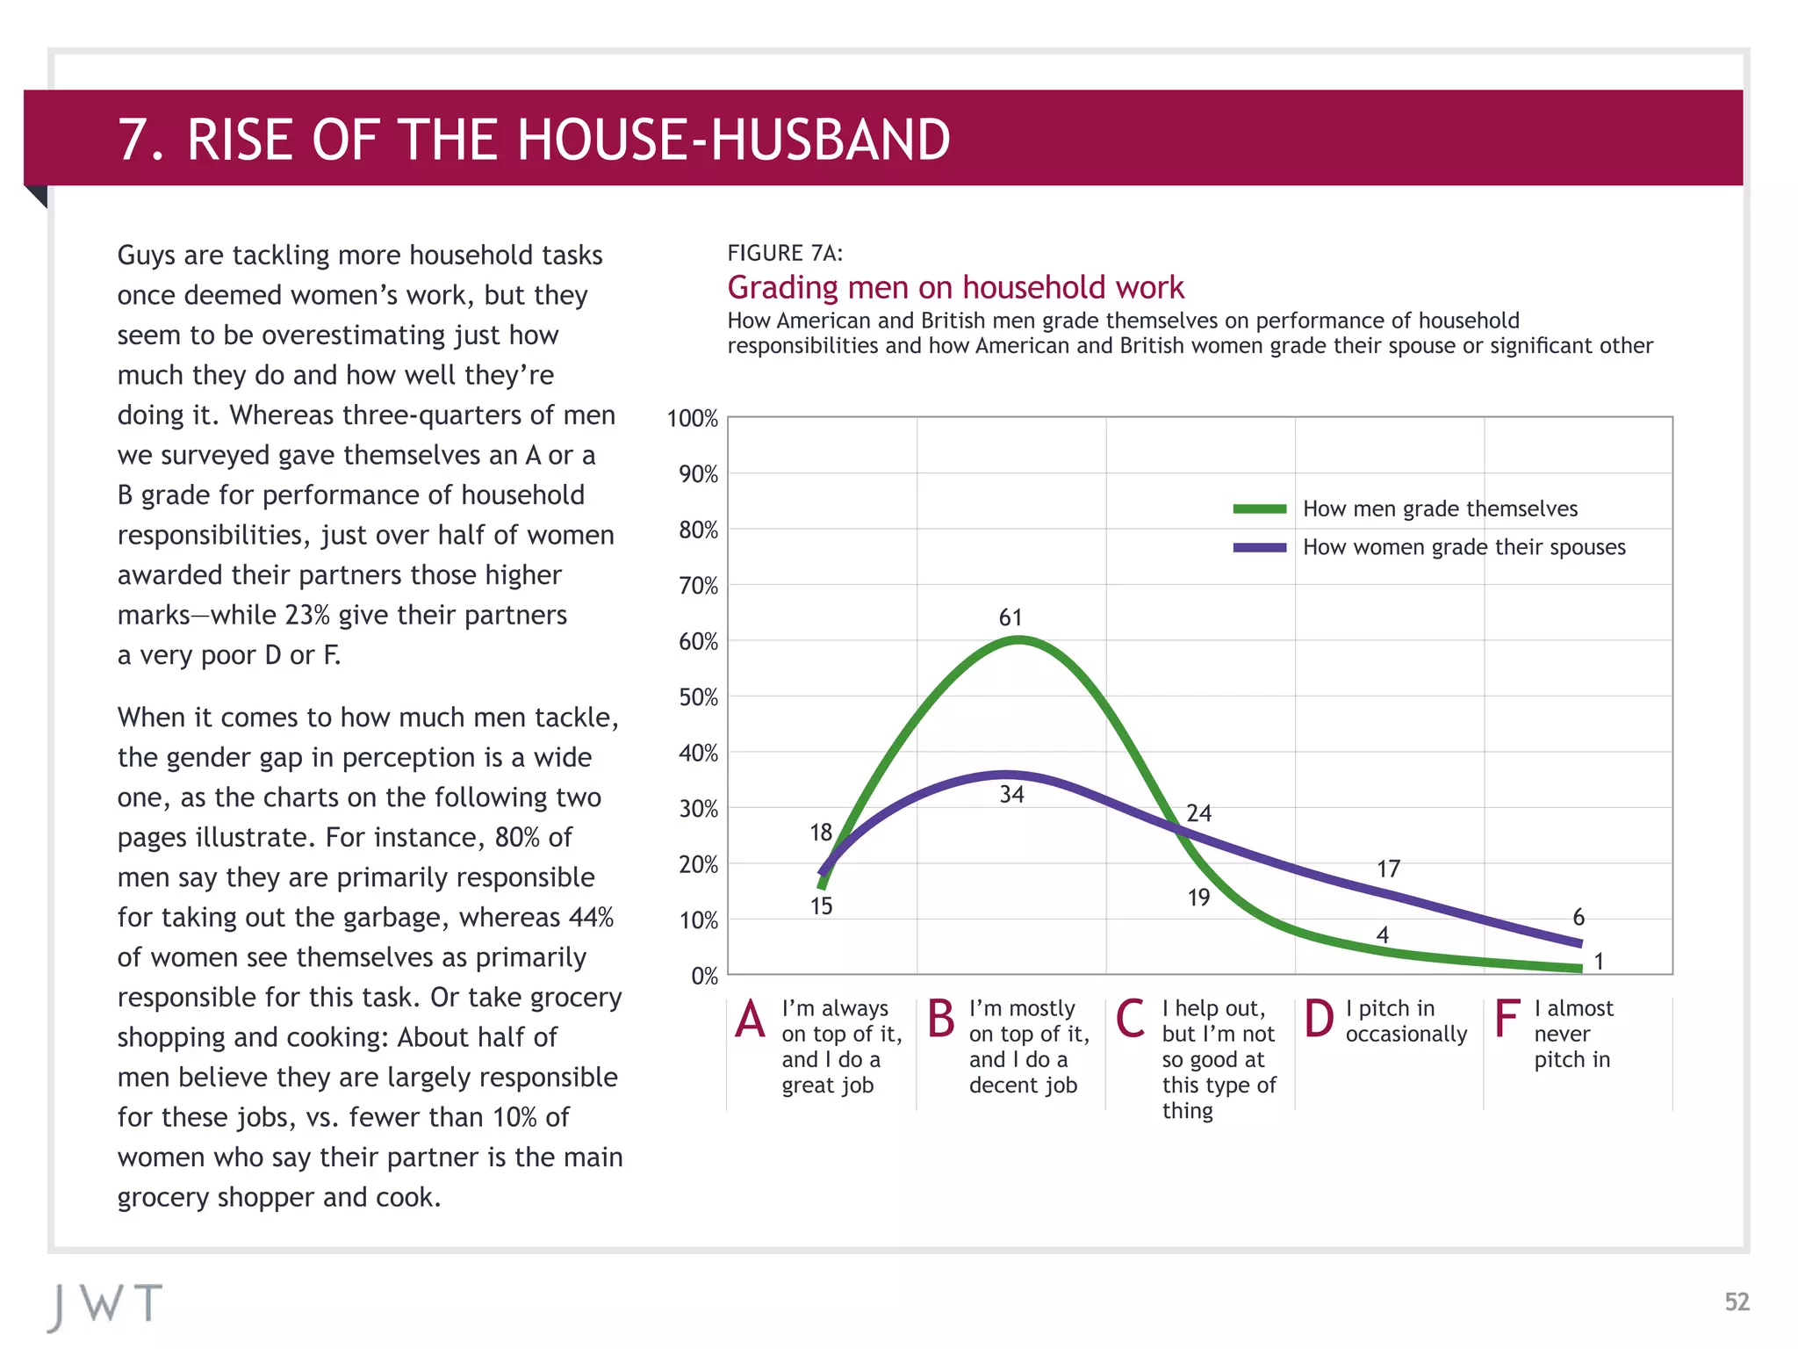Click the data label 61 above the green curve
[1010, 617]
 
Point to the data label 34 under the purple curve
[1011, 795]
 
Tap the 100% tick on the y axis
[693, 419]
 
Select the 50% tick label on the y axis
[699, 698]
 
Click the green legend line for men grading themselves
[1260, 509]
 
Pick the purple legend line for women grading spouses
[1260, 547]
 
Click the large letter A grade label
[751, 1021]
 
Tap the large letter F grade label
[1507, 1020]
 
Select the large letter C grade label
[1130, 1020]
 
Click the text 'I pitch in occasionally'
[1405, 1021]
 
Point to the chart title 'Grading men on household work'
[955, 287]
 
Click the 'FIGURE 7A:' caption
[785, 254]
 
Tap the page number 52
[1737, 1302]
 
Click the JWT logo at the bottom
[105, 1304]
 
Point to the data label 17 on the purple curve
[1388, 869]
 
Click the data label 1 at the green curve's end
[1599, 962]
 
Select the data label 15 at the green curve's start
[821, 906]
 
